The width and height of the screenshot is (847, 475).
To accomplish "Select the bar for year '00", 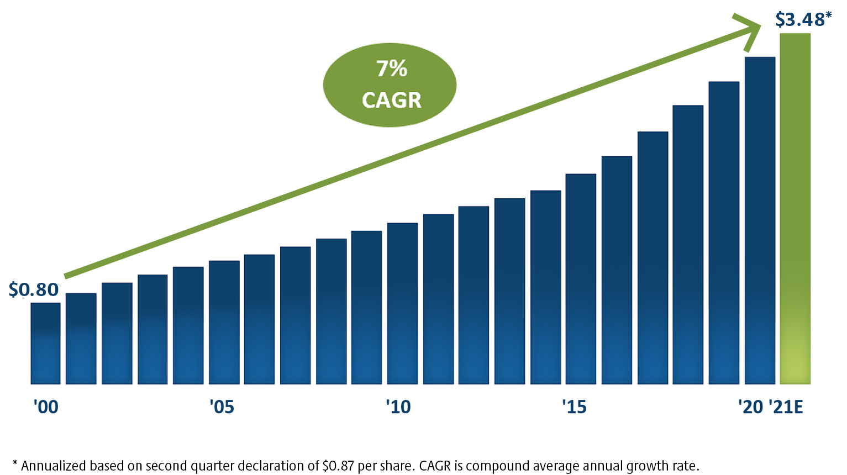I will click(45, 343).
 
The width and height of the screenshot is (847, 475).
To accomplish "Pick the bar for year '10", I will click(402, 303).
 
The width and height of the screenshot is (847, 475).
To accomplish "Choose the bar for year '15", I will click(581, 279).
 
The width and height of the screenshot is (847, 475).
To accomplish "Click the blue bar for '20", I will click(760, 220).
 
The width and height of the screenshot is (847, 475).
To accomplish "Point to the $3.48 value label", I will click(799, 19).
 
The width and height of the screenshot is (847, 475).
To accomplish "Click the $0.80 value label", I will click(34, 289).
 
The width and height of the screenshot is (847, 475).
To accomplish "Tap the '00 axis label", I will click(45, 407).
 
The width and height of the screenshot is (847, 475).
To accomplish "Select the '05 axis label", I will click(222, 407).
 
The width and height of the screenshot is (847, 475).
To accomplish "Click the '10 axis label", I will click(398, 407).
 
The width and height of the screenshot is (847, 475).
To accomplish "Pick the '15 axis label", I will click(574, 407).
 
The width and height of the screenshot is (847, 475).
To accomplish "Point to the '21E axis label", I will click(786, 407).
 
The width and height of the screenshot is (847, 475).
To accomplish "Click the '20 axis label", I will click(750, 407).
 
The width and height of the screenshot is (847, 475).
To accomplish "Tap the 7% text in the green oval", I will click(392, 69).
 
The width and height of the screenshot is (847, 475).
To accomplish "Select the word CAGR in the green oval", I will click(392, 101).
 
